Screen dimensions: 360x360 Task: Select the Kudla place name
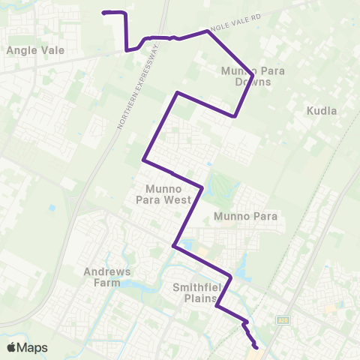pos(322,110)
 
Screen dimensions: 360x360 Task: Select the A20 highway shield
pos(283,320)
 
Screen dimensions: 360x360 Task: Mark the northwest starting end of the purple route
pos(103,12)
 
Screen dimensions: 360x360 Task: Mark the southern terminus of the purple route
pos(256,347)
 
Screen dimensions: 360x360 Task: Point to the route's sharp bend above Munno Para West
pos(177,93)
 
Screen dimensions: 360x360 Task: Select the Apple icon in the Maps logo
pos(11,347)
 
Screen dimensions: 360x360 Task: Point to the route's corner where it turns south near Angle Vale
pos(125,14)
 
